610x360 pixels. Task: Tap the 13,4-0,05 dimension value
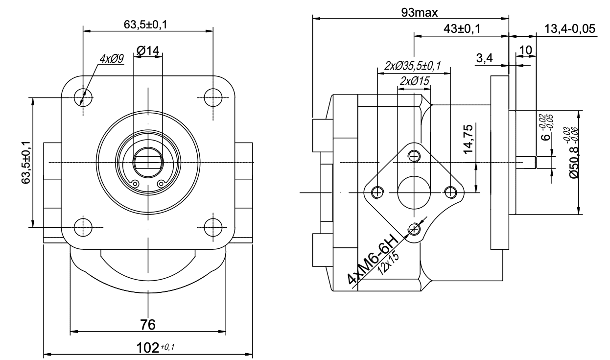[x=570, y=29]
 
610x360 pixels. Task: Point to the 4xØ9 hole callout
[x=112, y=59]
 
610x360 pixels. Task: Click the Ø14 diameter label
[x=147, y=49]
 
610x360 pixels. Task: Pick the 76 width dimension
[x=147, y=324]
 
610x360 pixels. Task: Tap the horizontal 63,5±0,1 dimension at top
[x=147, y=24]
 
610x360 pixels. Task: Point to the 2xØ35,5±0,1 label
[x=413, y=66]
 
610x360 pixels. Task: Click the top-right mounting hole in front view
[x=213, y=96]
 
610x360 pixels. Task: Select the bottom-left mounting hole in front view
[x=83, y=227]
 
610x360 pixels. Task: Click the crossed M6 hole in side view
[x=415, y=229]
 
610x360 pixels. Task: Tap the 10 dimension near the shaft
[x=525, y=50]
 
